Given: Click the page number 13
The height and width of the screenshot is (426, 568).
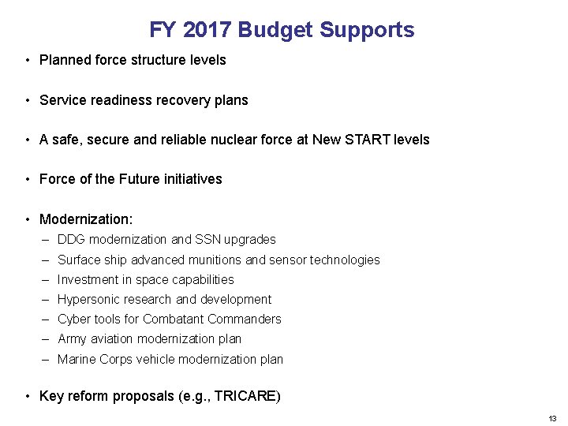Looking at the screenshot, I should pyautogui.click(x=552, y=417).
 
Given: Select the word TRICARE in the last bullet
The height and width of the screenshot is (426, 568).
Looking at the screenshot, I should pyautogui.click(x=248, y=396).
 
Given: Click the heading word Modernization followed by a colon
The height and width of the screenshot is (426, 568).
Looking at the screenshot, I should pyautogui.click(x=86, y=219).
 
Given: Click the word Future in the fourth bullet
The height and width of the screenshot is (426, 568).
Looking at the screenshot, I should pyautogui.click(x=141, y=179).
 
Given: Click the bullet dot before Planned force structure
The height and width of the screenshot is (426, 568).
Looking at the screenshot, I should pyautogui.click(x=28, y=61).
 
